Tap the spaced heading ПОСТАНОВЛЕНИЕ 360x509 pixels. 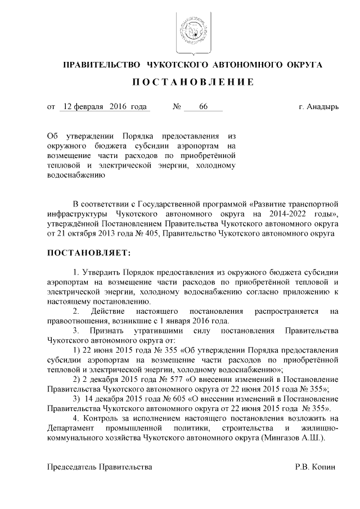coord(192,83)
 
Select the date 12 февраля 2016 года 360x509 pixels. coord(105,106)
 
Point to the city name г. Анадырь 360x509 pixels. coord(318,106)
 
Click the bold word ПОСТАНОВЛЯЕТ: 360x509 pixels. coord(88,253)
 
